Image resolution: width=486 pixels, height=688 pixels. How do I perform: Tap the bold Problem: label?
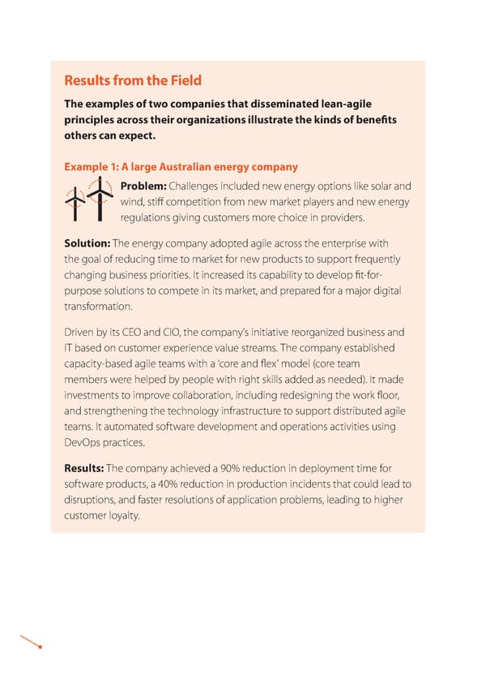[143, 186]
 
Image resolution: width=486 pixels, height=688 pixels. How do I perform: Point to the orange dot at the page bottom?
[40, 647]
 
